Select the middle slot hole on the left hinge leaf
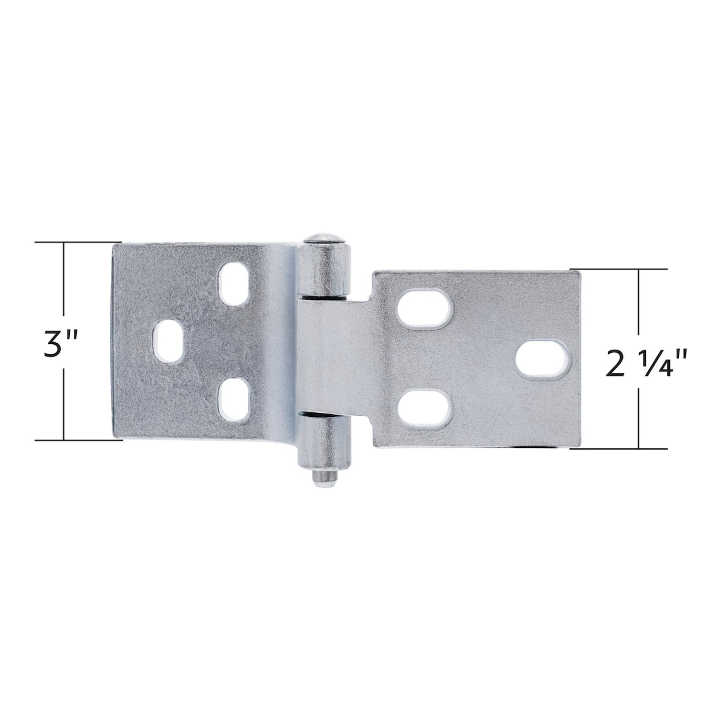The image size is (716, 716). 170,342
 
